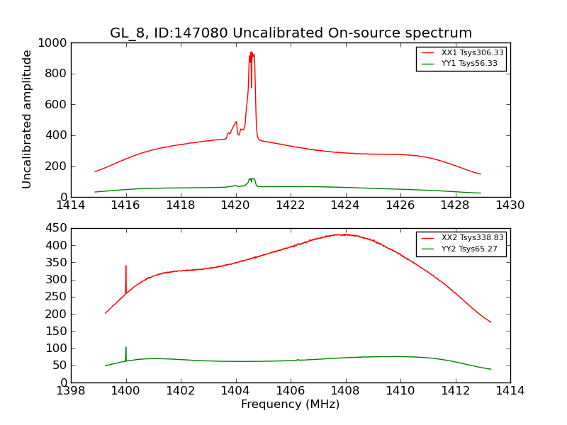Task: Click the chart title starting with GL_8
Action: [x=291, y=33]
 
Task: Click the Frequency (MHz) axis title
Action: [x=291, y=404]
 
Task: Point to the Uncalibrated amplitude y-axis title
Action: [x=28, y=119]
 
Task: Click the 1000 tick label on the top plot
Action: [x=53, y=43]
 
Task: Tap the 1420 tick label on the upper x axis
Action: [x=235, y=206]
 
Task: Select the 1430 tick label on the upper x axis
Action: [x=510, y=206]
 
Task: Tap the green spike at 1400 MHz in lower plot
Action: [x=126, y=349]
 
